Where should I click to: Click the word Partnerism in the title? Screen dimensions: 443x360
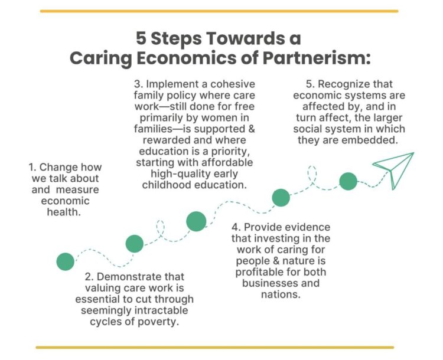(x=317, y=58)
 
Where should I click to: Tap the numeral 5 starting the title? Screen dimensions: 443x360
(x=141, y=38)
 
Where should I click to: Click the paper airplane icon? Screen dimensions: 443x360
(x=393, y=171)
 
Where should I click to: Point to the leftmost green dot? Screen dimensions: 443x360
(x=65, y=261)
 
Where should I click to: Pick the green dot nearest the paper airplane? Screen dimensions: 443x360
(x=348, y=181)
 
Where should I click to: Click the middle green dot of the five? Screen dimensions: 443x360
(x=196, y=221)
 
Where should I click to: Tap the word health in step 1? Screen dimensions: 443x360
(x=64, y=212)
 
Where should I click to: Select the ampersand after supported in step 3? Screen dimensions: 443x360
(x=251, y=129)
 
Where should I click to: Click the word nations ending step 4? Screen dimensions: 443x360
(x=281, y=294)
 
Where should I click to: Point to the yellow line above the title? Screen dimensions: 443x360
(x=219, y=11)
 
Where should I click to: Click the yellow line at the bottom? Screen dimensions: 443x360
(x=215, y=347)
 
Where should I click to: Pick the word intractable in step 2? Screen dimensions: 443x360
(x=161, y=310)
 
